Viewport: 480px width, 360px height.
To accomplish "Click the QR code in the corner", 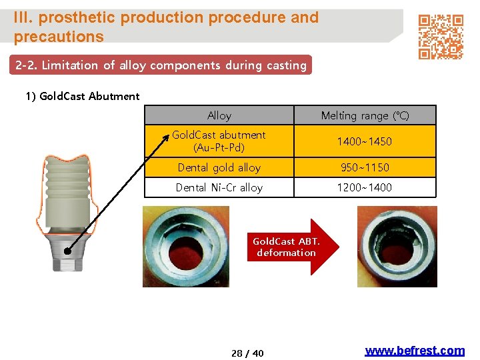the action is (x=441, y=37).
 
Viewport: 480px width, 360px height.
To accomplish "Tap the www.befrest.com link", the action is (x=415, y=351).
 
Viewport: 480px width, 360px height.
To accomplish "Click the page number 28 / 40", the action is (x=247, y=353).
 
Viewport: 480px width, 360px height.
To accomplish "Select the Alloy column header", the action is (x=219, y=115).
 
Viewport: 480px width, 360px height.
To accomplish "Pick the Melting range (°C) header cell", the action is (x=365, y=115).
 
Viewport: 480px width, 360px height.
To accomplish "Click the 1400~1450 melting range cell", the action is (x=365, y=141).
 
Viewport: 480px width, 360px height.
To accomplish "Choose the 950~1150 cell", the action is (x=365, y=167).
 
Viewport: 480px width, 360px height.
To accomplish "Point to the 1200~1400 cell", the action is (x=365, y=187).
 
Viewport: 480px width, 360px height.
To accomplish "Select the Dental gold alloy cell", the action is (x=219, y=167).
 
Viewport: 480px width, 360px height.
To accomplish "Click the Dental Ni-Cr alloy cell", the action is (x=219, y=187).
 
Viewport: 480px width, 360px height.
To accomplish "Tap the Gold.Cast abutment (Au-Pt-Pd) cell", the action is (x=219, y=141).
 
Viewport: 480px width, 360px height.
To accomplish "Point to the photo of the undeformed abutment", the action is (x=186, y=247).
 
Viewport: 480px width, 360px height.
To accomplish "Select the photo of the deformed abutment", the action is (x=397, y=247).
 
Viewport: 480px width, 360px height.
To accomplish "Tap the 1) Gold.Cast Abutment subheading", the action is (x=83, y=96).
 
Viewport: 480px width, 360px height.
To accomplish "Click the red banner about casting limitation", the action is (x=161, y=65).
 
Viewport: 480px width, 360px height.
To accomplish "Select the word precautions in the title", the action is (x=59, y=37).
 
